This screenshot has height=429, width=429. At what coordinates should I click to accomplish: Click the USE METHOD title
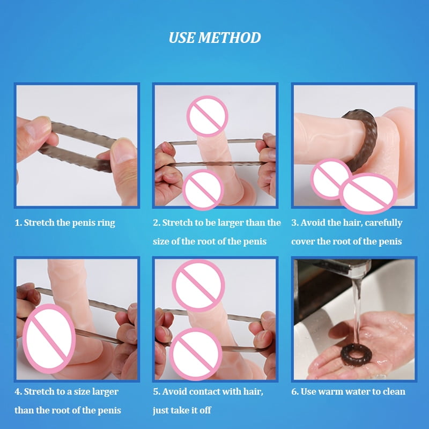click(214, 38)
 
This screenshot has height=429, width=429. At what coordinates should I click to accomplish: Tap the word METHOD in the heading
click(230, 38)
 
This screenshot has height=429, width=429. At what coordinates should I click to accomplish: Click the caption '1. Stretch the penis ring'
click(65, 223)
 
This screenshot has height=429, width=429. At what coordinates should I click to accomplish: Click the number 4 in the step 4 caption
click(18, 391)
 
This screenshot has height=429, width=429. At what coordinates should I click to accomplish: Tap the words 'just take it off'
click(182, 410)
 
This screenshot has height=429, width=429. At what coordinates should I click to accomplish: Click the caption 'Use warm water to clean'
click(353, 391)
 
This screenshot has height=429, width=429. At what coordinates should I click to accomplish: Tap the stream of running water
click(356, 312)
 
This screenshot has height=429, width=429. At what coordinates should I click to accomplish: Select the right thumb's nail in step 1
click(123, 151)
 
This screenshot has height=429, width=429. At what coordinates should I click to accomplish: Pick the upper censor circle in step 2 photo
click(208, 116)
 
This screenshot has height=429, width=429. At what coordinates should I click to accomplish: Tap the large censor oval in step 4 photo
click(49, 338)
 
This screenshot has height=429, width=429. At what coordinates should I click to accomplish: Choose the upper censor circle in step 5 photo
click(198, 286)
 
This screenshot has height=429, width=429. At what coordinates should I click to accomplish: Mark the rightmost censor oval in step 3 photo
click(368, 194)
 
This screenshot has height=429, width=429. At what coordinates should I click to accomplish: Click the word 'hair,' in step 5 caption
click(253, 391)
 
